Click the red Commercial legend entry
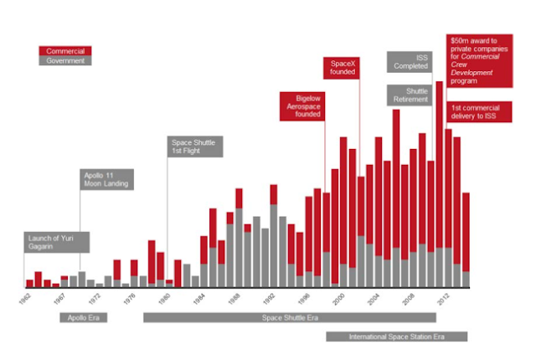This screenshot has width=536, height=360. click(x=64, y=51)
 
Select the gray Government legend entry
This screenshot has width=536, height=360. click(x=64, y=61)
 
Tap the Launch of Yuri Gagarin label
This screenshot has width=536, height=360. click(x=55, y=242)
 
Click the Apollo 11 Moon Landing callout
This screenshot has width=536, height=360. click(x=108, y=180)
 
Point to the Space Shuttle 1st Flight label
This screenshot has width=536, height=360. click(x=194, y=147)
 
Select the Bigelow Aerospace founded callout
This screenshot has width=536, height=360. click(x=303, y=107)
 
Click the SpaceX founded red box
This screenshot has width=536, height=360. click(x=342, y=68)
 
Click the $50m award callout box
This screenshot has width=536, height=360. click(x=481, y=60)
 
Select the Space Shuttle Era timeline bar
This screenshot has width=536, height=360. click(x=289, y=317)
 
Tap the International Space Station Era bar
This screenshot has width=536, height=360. click(x=395, y=337)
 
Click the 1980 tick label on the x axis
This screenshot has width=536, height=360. click(x=165, y=298)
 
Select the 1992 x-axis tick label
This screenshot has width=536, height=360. click(x=269, y=298)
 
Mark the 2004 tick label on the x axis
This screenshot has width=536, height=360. click(x=374, y=298)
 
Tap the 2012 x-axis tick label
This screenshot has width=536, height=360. click(x=443, y=298)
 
